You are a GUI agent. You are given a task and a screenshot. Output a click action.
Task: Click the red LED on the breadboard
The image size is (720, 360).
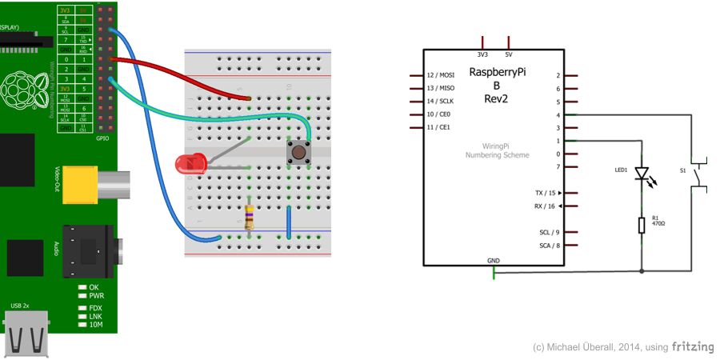point(190,165)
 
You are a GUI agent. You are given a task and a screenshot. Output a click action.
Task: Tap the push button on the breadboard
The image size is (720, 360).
point(299,152)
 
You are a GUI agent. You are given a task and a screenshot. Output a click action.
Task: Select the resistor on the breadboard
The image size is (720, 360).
point(250,217)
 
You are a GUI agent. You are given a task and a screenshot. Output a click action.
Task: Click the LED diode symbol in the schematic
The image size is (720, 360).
point(642,174)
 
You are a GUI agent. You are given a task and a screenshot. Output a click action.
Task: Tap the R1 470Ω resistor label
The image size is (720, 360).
point(658,221)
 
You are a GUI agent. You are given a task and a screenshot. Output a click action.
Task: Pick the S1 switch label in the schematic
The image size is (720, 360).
point(682,170)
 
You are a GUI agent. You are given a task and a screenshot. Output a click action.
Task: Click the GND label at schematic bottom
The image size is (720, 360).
point(494,261)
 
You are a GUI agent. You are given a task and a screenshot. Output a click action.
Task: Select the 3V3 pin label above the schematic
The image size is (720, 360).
point(482,54)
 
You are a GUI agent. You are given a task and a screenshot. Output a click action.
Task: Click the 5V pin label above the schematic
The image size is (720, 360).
point(509,54)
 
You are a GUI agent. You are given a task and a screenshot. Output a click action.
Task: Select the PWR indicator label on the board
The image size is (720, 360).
point(98,295)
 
